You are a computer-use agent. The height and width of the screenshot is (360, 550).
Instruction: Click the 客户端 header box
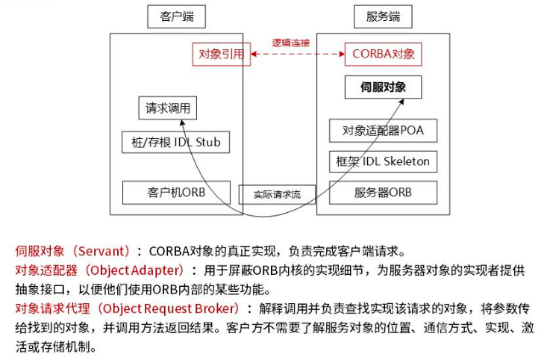pyautogui.click(x=171, y=16)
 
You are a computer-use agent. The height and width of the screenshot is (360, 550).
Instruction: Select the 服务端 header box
pyautogui.click(x=384, y=16)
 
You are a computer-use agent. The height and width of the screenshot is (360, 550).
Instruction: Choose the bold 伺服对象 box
pyautogui.click(x=383, y=87)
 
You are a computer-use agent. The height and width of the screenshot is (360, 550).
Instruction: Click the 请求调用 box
pyautogui.click(x=168, y=108)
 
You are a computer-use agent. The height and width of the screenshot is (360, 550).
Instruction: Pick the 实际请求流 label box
pyautogui.click(x=277, y=194)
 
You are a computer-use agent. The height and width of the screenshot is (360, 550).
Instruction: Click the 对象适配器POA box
pyautogui.click(x=383, y=131)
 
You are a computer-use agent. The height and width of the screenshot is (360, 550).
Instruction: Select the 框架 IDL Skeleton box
pyautogui.click(x=383, y=161)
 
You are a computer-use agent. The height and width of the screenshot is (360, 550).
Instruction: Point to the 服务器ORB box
pyautogui.click(x=383, y=192)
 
